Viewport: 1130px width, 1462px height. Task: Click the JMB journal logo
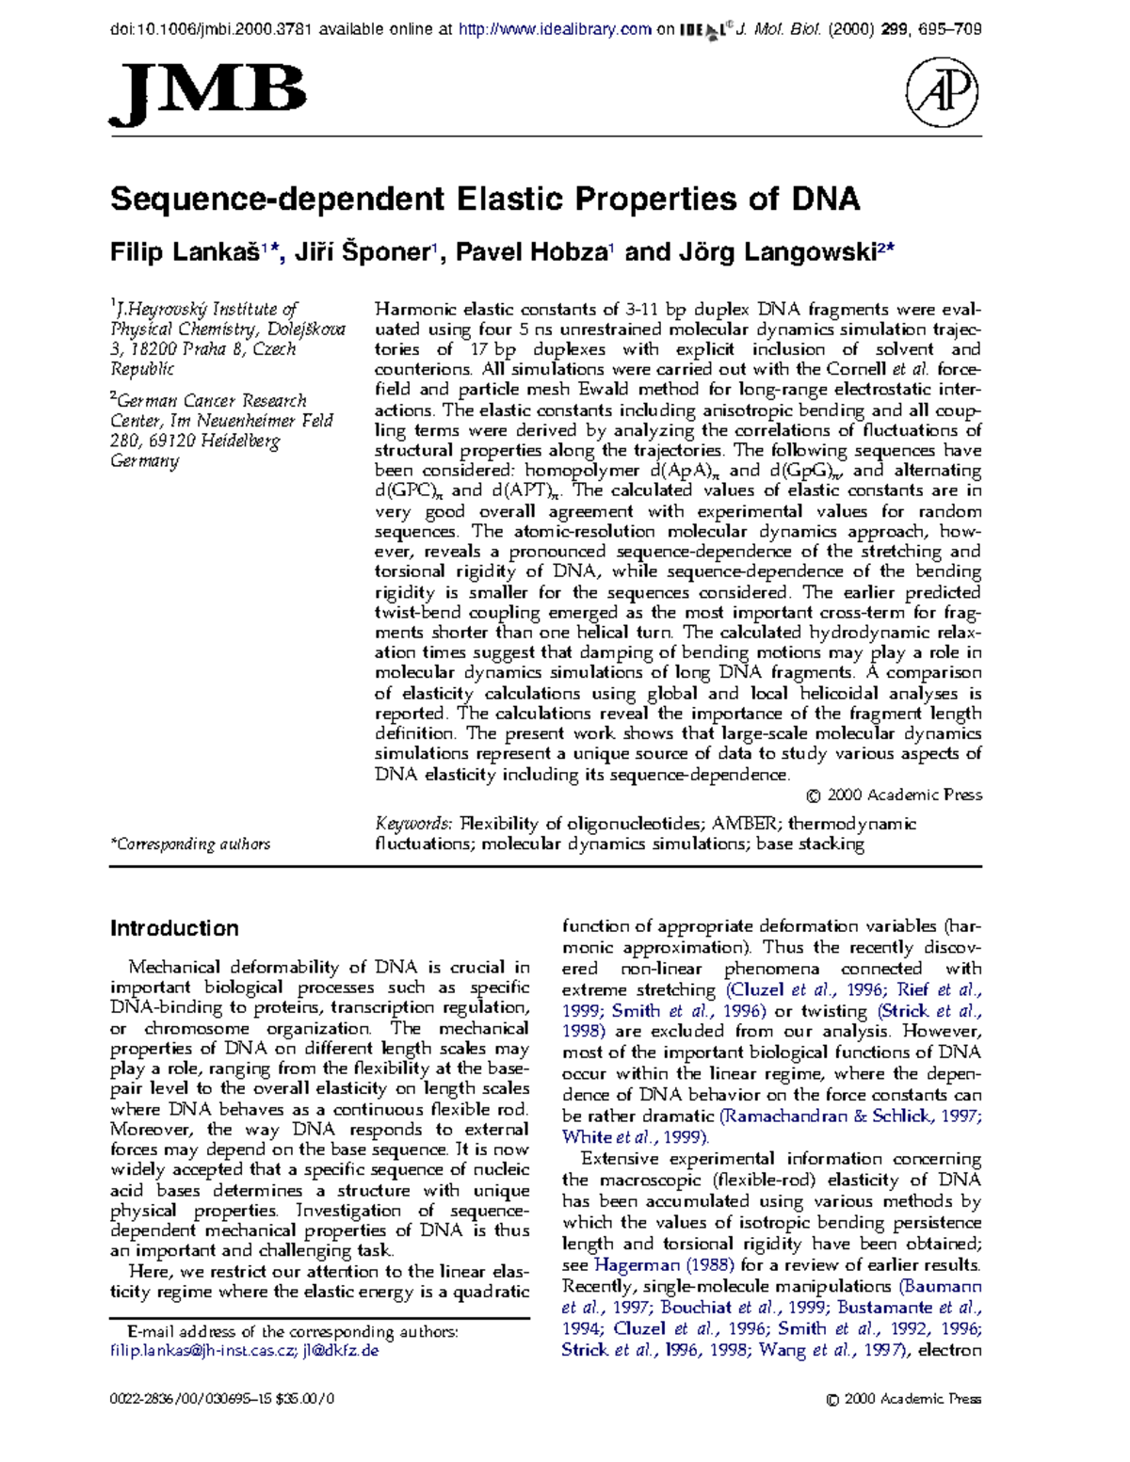[208, 95]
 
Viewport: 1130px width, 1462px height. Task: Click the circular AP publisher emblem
[941, 93]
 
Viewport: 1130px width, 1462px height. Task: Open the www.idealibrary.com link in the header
[555, 29]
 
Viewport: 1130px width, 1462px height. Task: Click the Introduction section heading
[174, 928]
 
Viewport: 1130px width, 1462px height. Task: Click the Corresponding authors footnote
[190, 844]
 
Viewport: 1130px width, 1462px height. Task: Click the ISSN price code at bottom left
[222, 1399]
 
